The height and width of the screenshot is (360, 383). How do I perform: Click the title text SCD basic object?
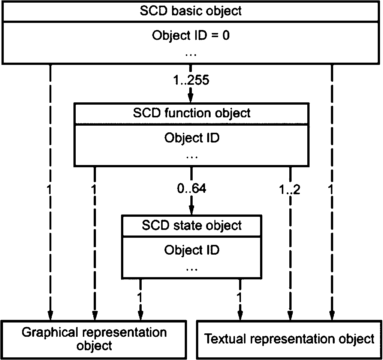tap(191, 11)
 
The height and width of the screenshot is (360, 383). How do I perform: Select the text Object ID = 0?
tap(191, 36)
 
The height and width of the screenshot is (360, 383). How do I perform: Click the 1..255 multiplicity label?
tap(191, 80)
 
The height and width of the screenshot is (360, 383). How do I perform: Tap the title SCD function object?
tap(191, 113)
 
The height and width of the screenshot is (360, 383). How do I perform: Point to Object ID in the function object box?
tap(192, 138)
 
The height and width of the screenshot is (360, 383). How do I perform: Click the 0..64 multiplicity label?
tap(191, 188)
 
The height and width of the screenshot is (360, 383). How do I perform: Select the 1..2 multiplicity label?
tap(290, 189)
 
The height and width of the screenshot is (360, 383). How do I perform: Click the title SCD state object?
tap(192, 225)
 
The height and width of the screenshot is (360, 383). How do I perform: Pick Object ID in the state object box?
tap(192, 250)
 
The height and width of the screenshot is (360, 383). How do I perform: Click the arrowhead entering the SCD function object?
tap(191, 98)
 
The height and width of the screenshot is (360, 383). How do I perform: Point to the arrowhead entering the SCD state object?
tap(191, 210)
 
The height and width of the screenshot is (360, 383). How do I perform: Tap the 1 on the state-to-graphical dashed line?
tap(140, 298)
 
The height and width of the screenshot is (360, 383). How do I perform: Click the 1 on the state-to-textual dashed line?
tap(239, 298)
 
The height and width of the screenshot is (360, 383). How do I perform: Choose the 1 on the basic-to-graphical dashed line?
tap(49, 189)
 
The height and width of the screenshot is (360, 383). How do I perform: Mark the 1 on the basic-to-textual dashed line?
tap(331, 189)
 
